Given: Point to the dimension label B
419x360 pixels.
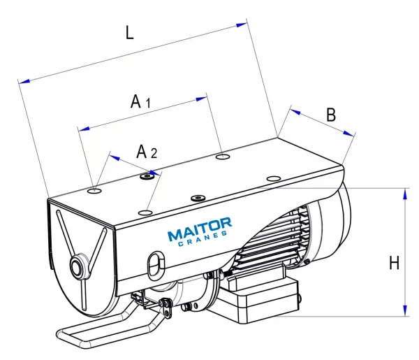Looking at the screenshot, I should pos(331,114).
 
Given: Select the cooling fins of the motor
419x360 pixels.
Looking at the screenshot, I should pos(277,238).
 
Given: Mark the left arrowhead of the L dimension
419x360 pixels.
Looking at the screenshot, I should pos(24,81).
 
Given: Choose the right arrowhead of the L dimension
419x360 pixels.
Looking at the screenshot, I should pos(242,24).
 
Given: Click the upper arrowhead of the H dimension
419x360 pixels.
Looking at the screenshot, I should pos(404,194).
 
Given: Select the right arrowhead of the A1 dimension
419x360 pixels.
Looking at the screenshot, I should pos(203,97).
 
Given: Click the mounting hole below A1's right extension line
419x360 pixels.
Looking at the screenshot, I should pos(222,156).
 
